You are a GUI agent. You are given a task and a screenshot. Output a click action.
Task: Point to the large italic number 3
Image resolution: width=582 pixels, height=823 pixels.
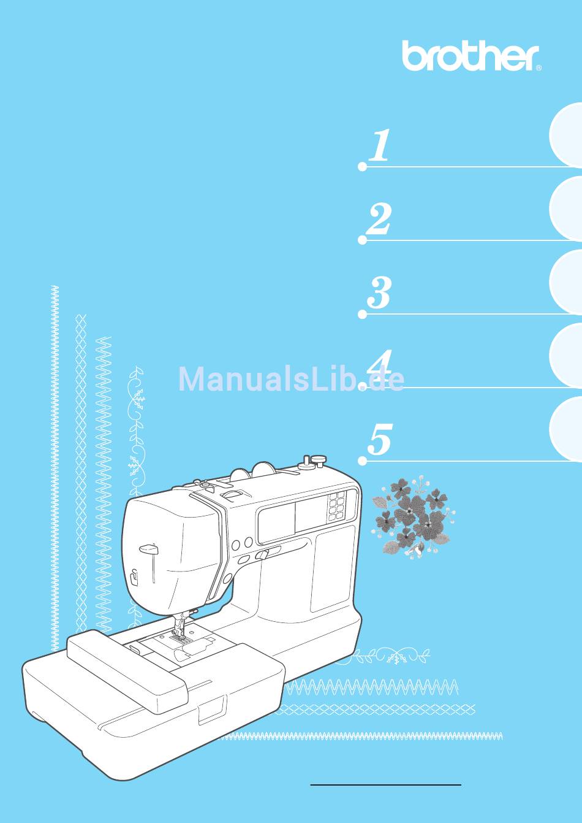tap(379, 293)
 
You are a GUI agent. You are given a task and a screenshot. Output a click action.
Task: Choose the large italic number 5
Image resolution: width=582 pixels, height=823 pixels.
tap(380, 440)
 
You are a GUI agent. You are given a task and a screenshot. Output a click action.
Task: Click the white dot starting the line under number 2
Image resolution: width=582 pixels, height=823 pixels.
tap(362, 240)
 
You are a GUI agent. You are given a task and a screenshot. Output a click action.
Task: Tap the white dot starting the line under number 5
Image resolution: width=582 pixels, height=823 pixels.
tap(362, 461)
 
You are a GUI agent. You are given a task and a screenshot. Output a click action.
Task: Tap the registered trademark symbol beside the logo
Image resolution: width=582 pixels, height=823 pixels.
tap(539, 67)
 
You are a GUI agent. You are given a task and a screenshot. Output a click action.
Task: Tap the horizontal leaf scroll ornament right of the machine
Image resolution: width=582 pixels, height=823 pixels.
tap(389, 656)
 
